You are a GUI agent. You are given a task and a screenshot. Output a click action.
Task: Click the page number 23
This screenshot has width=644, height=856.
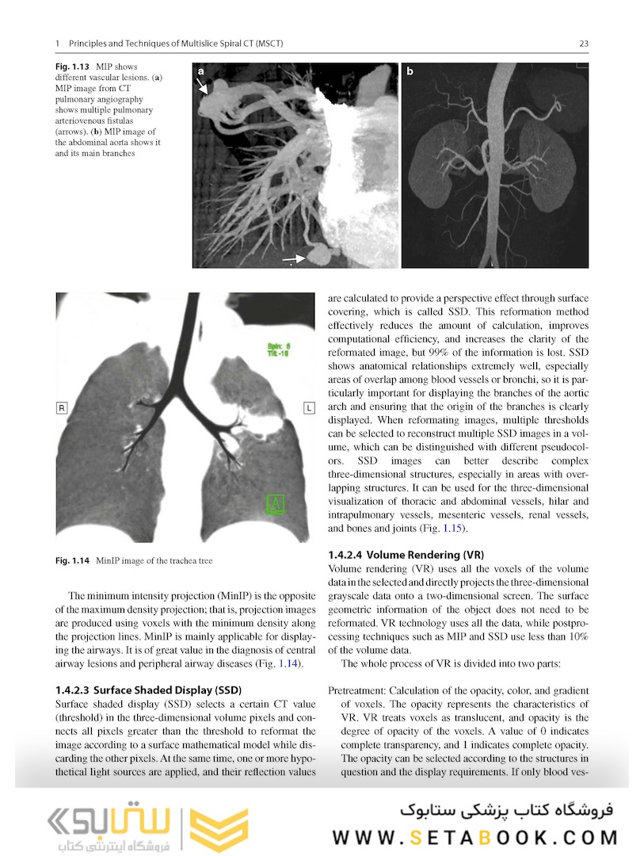[583, 44]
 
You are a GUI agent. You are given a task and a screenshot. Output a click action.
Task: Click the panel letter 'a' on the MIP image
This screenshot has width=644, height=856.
[201, 71]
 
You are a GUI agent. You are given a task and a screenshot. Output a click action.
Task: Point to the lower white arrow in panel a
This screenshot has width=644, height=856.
[294, 258]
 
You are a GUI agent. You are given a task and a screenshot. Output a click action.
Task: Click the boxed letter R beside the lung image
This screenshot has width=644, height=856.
[60, 407]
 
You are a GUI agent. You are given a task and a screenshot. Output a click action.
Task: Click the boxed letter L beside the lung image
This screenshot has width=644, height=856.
[309, 407]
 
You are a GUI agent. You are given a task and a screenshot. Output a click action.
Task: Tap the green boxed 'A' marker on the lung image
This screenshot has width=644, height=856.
[275, 502]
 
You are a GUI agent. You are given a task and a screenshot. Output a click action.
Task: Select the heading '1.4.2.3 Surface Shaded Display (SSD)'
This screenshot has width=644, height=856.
[148, 689]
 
